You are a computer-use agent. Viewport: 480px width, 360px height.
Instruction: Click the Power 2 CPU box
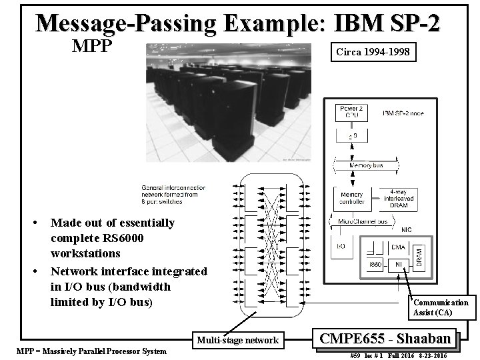click(x=351, y=112)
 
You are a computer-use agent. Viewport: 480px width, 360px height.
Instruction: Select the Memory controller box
click(x=351, y=198)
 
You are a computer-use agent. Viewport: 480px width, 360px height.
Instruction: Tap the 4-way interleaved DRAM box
click(x=399, y=198)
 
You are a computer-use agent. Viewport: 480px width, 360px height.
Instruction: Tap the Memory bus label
click(x=365, y=165)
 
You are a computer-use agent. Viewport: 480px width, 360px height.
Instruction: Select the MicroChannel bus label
click(x=363, y=221)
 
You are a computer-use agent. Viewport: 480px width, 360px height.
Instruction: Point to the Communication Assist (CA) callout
click(x=441, y=307)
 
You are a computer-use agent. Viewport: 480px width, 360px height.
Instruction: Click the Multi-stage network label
click(x=238, y=340)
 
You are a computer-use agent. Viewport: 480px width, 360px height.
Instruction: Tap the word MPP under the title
click(x=94, y=47)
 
